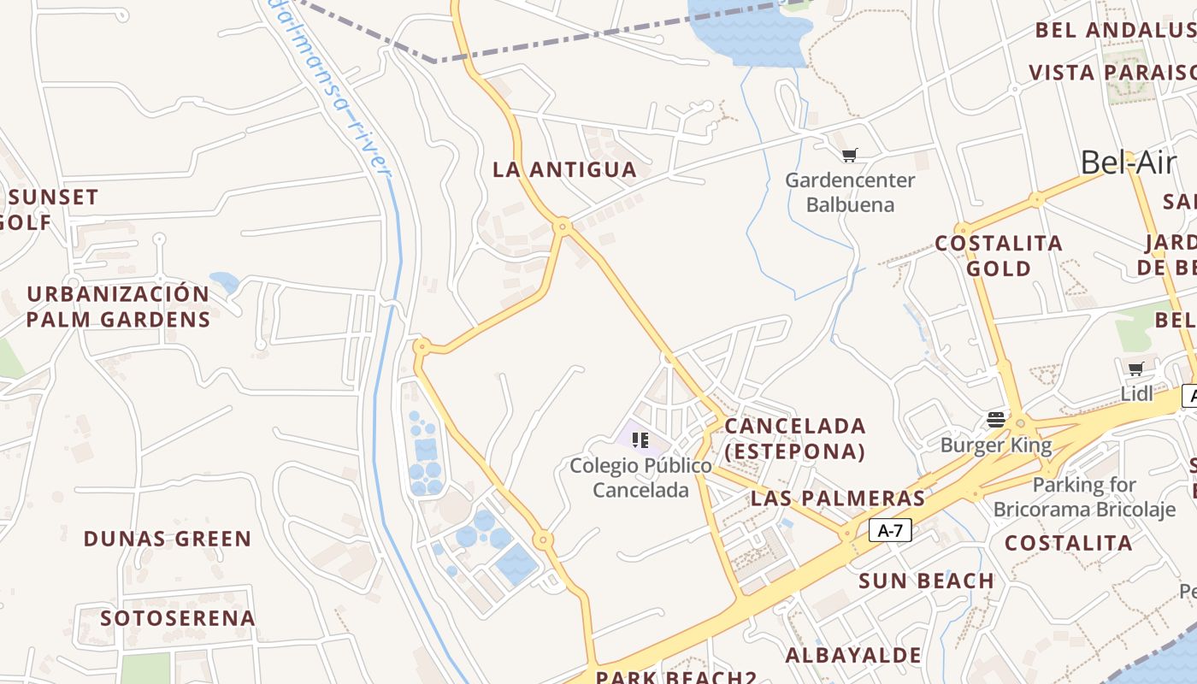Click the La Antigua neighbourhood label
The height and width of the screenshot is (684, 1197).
pos(564,169)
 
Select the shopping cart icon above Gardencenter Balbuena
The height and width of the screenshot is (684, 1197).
pos(849,155)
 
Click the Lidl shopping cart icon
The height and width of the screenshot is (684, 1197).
pos(1135,369)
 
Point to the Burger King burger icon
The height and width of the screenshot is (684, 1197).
pos(996,419)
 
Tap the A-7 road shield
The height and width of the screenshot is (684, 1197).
pos(890,531)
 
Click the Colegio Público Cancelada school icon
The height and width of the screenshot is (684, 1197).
pos(640,439)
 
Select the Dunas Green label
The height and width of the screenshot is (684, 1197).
pos(168,539)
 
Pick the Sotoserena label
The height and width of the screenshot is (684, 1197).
pos(178,617)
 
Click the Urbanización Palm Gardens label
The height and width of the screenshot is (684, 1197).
pos(118,306)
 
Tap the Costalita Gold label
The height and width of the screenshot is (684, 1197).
pos(999,256)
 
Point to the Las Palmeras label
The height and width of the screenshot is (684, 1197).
pos(838,498)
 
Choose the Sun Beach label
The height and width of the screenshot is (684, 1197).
pos(926,581)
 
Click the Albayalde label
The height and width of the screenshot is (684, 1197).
pos(853,656)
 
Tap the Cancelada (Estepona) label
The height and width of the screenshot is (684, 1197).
pos(795,438)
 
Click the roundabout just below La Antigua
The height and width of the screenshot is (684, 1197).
pos(562,227)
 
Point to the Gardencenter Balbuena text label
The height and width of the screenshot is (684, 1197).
pos(850,192)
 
